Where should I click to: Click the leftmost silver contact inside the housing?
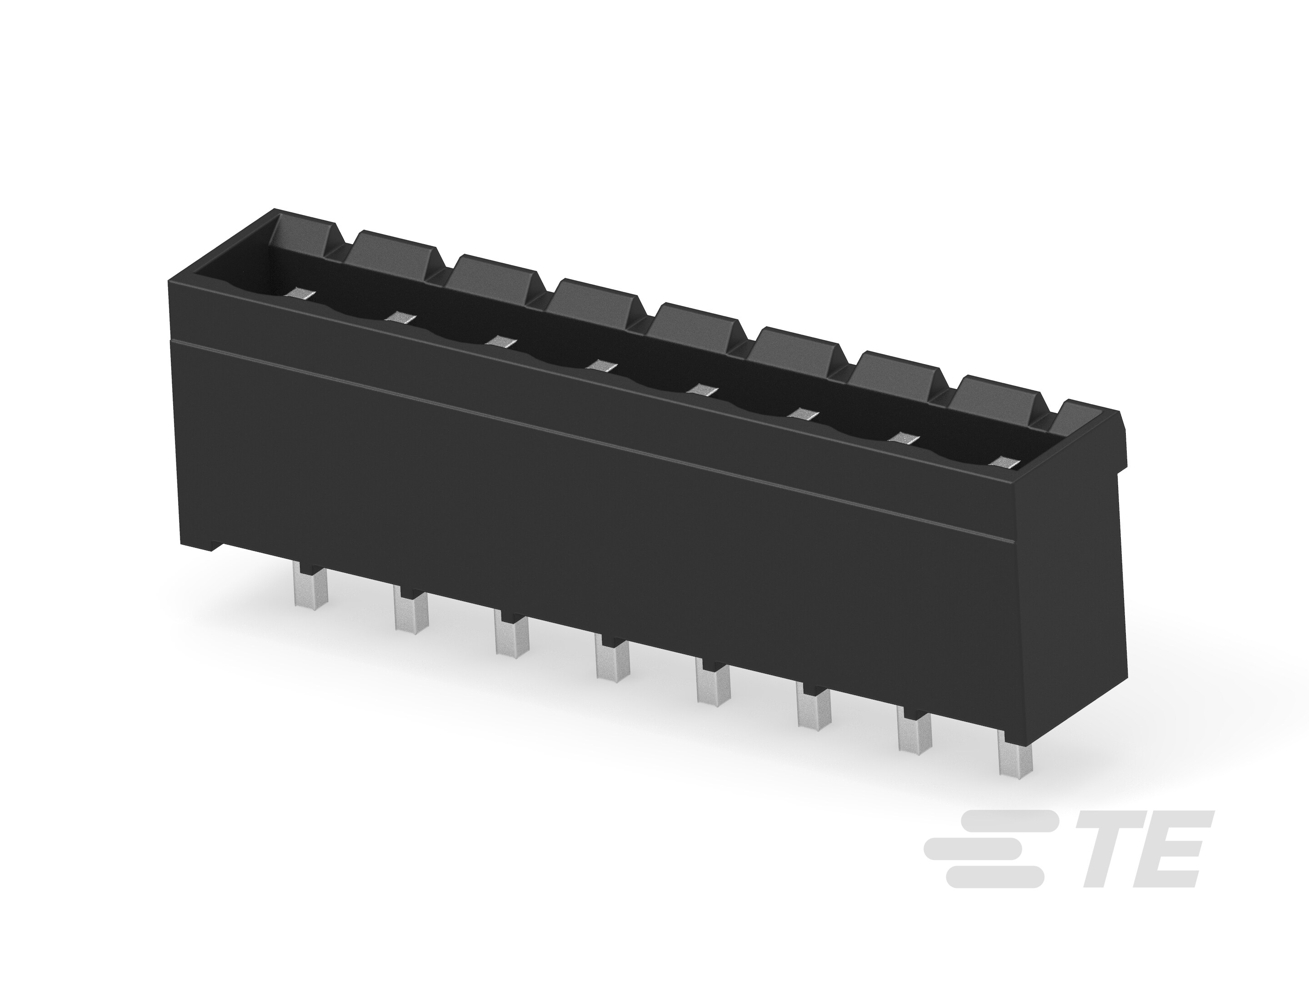(301, 292)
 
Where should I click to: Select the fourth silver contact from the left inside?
(602, 365)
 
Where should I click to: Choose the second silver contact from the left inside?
(401, 317)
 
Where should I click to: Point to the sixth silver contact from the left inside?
(803, 414)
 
